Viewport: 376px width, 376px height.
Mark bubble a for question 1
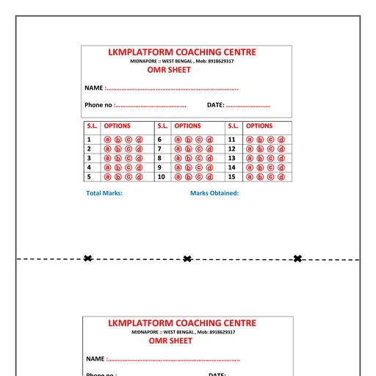tap(107, 140)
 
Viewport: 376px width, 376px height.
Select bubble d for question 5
tap(140, 177)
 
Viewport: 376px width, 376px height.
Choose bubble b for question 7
tap(189, 149)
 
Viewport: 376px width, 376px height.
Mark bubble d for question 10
tap(210, 177)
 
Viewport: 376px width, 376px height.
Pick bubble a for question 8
tap(178, 158)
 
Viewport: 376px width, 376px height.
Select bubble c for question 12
tap(270, 149)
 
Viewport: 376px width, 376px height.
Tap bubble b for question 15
tap(260, 177)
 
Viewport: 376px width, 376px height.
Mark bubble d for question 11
tap(281, 140)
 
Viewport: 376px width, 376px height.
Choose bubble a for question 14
tap(250, 167)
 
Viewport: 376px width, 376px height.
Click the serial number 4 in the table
tap(89, 167)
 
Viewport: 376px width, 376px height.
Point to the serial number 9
tap(159, 167)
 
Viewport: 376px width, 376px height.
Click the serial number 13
tap(231, 158)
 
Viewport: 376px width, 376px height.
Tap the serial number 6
tap(159, 140)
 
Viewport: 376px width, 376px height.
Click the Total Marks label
tap(104, 193)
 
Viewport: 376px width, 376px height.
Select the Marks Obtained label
tap(214, 193)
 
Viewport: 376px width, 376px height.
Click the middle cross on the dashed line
tap(187, 258)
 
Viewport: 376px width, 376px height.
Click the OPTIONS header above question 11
tap(259, 126)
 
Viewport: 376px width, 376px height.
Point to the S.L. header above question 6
tap(163, 126)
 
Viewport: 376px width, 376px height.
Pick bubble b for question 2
tap(118, 149)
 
